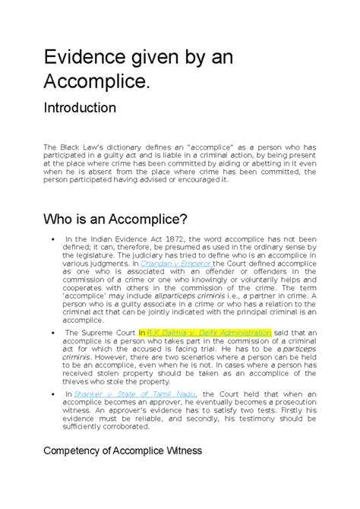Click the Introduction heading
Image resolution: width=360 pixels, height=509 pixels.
[95, 107]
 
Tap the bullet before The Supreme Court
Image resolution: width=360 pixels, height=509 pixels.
[49, 332]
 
